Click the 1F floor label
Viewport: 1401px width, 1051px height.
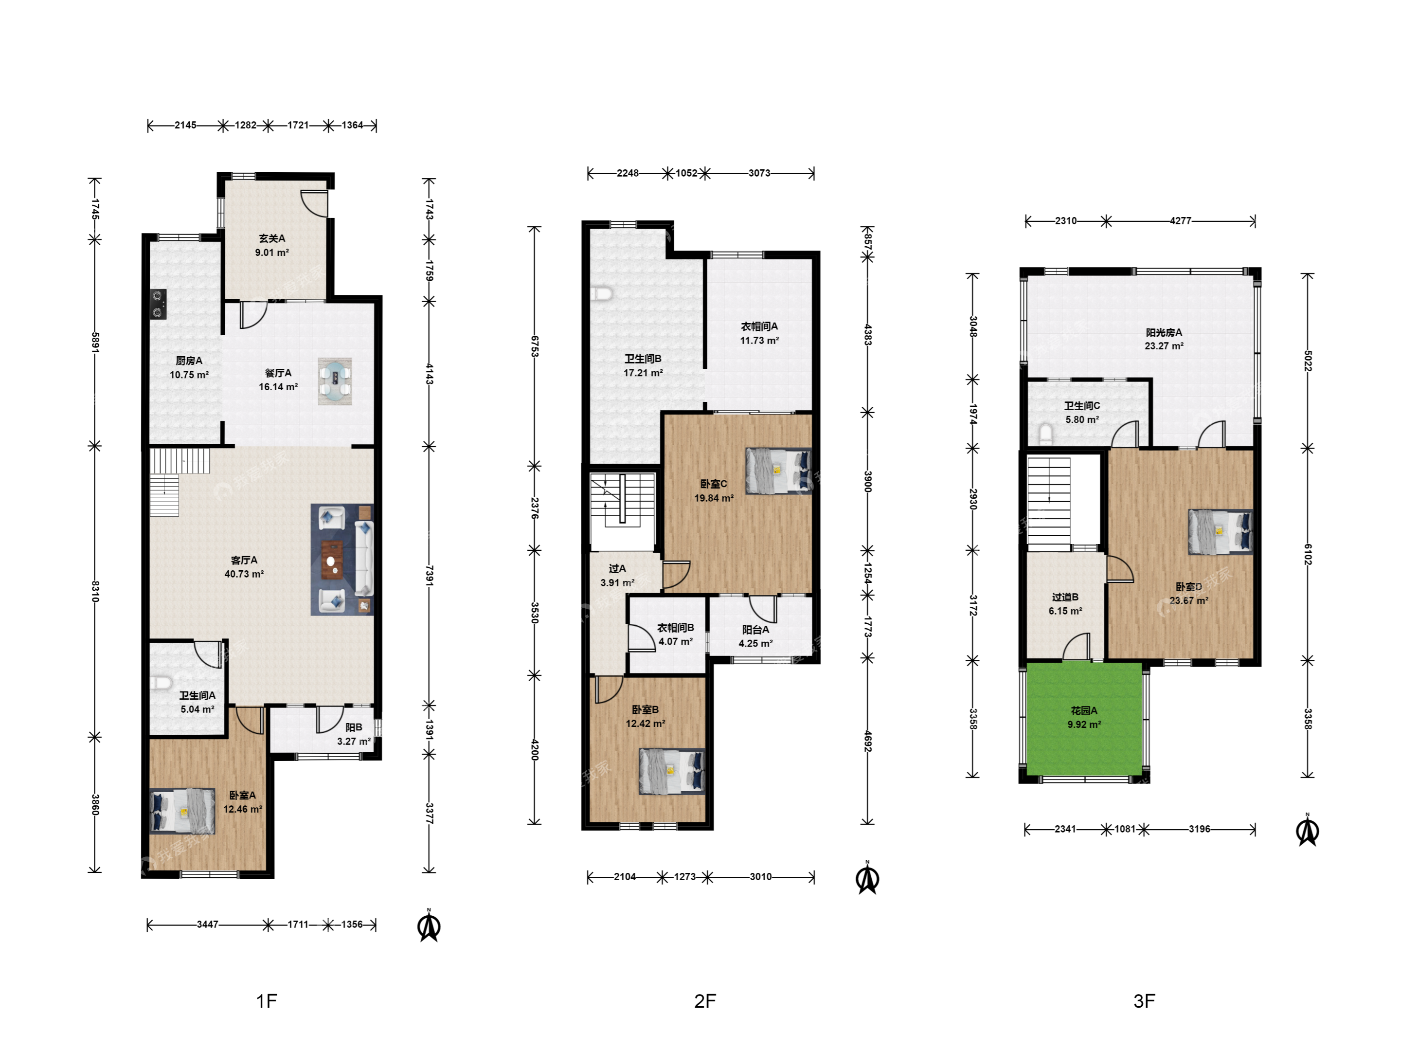(x=267, y=1001)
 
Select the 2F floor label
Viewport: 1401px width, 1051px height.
(x=705, y=1001)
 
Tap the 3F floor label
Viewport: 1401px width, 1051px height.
(x=1144, y=1001)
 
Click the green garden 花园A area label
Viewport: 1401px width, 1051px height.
(x=1084, y=718)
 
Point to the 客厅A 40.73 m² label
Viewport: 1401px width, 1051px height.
(x=244, y=567)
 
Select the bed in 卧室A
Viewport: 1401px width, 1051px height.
(x=182, y=811)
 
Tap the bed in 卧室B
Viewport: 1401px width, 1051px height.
(x=672, y=772)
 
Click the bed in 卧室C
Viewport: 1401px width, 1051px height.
(x=778, y=471)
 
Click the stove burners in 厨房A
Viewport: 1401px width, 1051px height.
(x=158, y=304)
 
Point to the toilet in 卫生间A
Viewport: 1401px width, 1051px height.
(x=162, y=684)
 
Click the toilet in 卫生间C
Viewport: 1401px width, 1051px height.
(x=1046, y=434)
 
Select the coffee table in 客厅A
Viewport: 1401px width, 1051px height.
(x=332, y=560)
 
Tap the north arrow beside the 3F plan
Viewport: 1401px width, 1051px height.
(x=1308, y=831)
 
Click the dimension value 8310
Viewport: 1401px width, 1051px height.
(x=95, y=591)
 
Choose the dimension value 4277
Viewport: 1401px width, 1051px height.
(x=1181, y=221)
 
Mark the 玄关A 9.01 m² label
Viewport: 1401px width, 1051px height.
(x=272, y=245)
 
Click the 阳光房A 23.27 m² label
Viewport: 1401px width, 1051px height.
(x=1164, y=339)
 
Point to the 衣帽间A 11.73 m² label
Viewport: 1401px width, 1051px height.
(x=759, y=333)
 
